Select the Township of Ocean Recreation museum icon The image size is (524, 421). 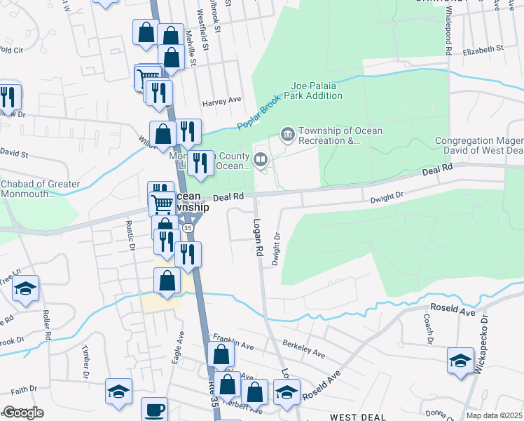pos(287,133)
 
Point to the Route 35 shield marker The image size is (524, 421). pos(188,228)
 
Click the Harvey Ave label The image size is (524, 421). pos(221,101)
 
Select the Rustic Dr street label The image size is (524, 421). pos(130,236)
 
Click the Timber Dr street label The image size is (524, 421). pos(86,359)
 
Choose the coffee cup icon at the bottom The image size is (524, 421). pos(154,409)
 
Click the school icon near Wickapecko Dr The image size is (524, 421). pos(460,361)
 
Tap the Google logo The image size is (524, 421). pos(23,413)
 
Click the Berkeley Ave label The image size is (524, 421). pos(304,349)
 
